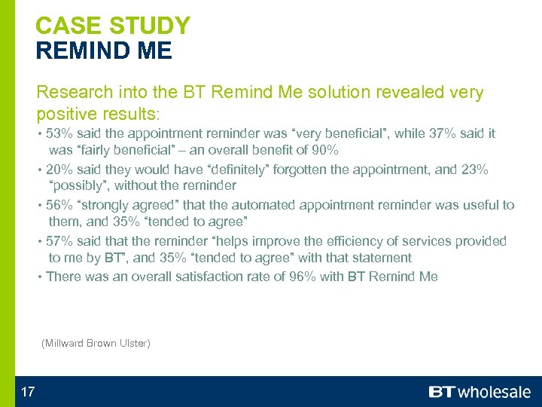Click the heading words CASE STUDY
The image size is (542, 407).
(x=113, y=26)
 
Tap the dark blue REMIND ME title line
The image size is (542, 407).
(x=104, y=51)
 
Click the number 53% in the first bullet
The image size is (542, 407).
(x=59, y=133)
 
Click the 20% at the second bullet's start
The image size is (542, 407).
(x=59, y=170)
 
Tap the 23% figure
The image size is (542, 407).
(x=474, y=170)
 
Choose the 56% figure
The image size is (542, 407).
(x=59, y=205)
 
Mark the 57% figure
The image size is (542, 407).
(x=59, y=241)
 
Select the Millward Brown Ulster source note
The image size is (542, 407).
(x=96, y=344)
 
